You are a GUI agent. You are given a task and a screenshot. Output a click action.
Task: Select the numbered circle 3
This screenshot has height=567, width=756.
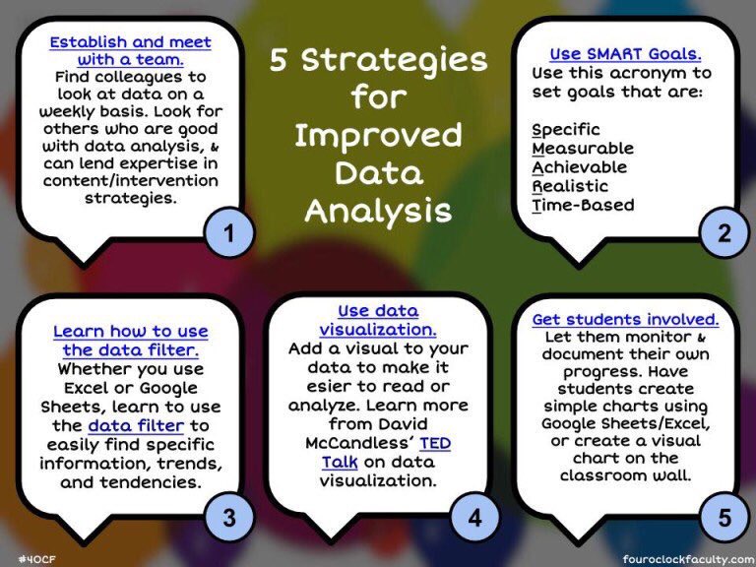tap(228, 518)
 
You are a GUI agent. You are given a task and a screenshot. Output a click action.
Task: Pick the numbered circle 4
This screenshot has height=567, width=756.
tap(475, 518)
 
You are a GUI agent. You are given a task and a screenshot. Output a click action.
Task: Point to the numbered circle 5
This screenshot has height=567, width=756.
tap(724, 518)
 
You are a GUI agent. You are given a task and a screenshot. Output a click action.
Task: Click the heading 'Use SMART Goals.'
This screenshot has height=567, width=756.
tap(619, 55)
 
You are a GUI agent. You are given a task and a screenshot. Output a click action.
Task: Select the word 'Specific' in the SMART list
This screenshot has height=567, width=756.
tap(566, 130)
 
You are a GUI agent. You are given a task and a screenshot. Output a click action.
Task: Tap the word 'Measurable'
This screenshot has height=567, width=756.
tap(583, 149)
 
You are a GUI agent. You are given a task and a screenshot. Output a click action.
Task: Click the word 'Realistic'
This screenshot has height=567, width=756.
tap(570, 186)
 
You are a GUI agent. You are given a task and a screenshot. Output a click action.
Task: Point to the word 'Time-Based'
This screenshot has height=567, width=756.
tap(583, 205)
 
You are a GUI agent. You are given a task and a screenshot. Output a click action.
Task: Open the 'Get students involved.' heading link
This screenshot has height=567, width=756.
tap(625, 320)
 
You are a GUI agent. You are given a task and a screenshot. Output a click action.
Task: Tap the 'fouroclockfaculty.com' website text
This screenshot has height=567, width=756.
tap(688, 557)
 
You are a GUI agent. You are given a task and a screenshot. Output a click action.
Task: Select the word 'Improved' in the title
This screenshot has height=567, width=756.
tap(378, 136)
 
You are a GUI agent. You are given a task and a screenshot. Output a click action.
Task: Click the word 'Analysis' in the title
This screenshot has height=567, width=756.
tap(378, 211)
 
